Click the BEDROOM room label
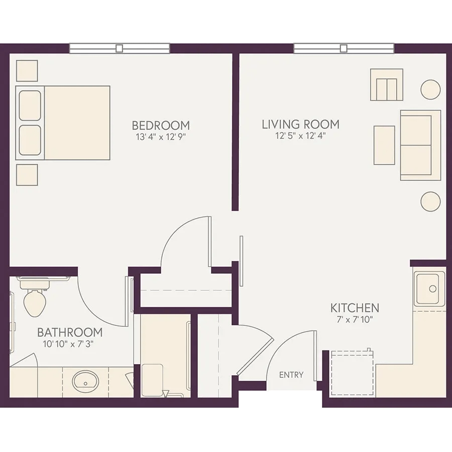click(x=161, y=126)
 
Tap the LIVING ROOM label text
click(x=301, y=125)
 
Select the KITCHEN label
click(x=355, y=308)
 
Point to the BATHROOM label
click(x=70, y=332)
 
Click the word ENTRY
click(x=291, y=375)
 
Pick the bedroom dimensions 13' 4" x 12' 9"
click(x=161, y=137)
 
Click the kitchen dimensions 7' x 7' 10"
click(x=355, y=319)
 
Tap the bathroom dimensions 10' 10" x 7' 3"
click(x=68, y=344)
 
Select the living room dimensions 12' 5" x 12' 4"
click(x=301, y=136)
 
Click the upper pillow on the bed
click(x=30, y=105)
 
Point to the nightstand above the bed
click(x=27, y=71)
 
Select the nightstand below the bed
click(x=27, y=175)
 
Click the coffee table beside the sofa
click(x=384, y=145)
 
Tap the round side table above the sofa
click(x=430, y=90)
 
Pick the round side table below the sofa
click(x=430, y=201)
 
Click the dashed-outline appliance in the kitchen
click(x=352, y=373)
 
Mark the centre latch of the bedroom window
click(x=119, y=48)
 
